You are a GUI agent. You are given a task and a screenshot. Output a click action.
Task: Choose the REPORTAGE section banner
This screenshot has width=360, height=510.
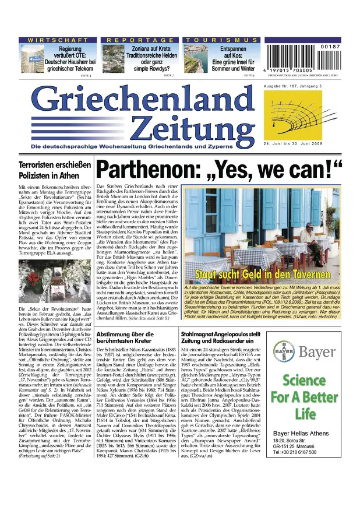pos(140,40)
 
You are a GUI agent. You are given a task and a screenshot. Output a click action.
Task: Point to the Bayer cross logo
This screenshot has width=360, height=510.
pos(284,351)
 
